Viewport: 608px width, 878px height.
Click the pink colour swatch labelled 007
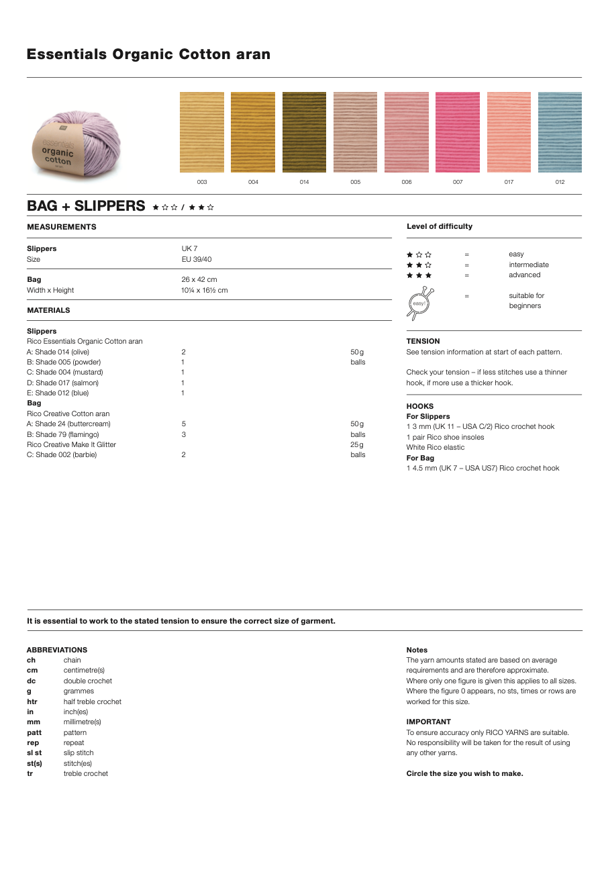(457, 132)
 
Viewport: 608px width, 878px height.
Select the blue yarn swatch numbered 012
(560, 132)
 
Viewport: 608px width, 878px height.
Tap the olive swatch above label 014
(304, 132)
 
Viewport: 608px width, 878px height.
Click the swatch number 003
(202, 182)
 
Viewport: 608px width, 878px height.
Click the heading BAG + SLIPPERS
(86, 206)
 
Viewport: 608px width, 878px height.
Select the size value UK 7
(189, 249)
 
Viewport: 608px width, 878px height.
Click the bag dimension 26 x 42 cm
(199, 280)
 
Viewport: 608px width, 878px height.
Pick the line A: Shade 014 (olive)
(58, 352)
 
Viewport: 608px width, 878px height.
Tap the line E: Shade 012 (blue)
(58, 393)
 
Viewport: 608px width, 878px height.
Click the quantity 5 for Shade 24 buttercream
(183, 424)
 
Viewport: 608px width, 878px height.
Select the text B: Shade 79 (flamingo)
(63, 435)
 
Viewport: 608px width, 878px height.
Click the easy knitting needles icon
(419, 303)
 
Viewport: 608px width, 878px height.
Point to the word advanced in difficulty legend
(525, 275)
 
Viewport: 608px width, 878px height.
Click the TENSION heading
(423, 342)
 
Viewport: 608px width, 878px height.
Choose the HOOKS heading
(420, 407)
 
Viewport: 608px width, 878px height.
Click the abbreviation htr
(32, 702)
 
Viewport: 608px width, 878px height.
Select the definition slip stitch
(79, 753)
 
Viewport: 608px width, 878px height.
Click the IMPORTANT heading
(429, 722)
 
